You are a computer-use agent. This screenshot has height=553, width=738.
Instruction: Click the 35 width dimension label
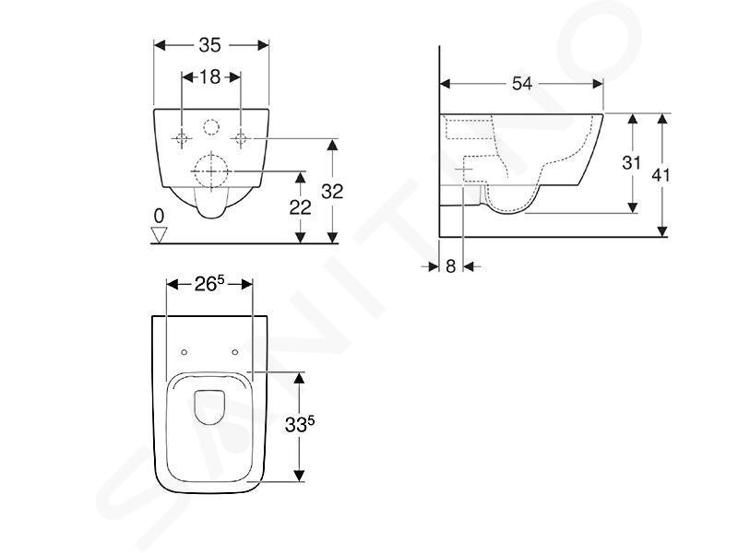click(x=209, y=45)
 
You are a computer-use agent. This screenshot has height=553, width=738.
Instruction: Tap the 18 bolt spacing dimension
click(x=210, y=76)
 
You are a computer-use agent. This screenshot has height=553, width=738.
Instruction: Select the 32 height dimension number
click(x=332, y=192)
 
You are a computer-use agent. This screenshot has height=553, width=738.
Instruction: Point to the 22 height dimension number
click(x=301, y=207)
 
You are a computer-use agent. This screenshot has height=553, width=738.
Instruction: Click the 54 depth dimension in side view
click(x=522, y=84)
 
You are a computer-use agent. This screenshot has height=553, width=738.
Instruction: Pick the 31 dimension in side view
click(x=632, y=163)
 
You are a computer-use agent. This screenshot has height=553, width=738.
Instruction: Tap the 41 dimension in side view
click(x=661, y=175)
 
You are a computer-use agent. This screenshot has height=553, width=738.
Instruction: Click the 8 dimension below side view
click(x=451, y=266)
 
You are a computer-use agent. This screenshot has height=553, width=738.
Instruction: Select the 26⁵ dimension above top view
click(x=210, y=284)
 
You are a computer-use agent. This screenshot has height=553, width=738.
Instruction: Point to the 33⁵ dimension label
click(x=300, y=425)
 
